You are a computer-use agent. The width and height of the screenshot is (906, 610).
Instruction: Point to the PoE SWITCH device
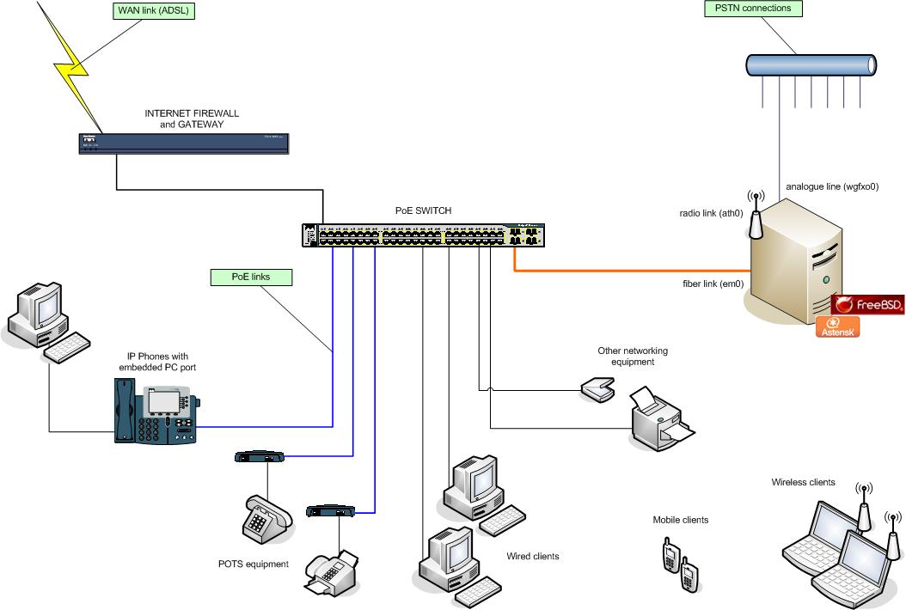point(424,235)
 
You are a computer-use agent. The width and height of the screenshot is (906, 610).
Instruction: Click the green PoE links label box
point(251,277)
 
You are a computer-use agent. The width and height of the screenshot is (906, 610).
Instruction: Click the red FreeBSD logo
point(867,304)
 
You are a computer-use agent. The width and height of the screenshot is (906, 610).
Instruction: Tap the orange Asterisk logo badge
point(837,326)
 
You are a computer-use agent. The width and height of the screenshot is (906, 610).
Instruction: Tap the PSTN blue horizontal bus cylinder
point(811,65)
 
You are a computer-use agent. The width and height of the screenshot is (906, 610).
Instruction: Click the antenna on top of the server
point(756,216)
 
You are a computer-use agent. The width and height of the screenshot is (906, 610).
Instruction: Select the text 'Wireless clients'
point(803,483)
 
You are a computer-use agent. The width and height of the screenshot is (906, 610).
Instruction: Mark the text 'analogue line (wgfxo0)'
point(831,186)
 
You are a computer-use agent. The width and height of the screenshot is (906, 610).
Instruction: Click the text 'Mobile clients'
point(681,520)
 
